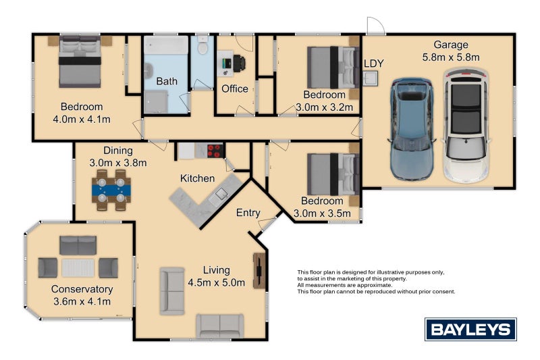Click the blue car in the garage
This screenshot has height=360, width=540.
pyautogui.click(x=412, y=129)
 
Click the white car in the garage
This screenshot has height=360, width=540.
pyautogui.click(x=466, y=126)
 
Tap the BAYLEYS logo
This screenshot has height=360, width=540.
pyautogui.click(x=470, y=330)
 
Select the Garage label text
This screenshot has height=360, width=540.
pyautogui.click(x=451, y=45)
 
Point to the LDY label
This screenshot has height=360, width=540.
pyautogui.click(x=374, y=63)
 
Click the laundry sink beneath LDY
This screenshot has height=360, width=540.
pyautogui.click(x=370, y=78)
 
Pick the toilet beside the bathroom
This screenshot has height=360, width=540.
pyautogui.click(x=203, y=45)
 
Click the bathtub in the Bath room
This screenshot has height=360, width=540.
pyautogui.click(x=166, y=45)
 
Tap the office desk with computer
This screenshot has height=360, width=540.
pyautogui.click(x=231, y=63)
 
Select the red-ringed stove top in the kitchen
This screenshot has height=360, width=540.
pyautogui.click(x=215, y=151)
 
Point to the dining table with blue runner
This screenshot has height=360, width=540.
pyautogui.click(x=111, y=190)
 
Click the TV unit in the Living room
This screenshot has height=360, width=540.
pyautogui.click(x=259, y=271)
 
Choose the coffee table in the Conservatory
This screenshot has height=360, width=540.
pyautogui.click(x=78, y=267)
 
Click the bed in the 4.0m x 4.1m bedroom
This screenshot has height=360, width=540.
pyautogui.click(x=80, y=61)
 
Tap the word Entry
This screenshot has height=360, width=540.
pyautogui.click(x=248, y=213)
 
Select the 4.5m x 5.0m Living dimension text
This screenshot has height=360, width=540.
pyautogui.click(x=216, y=283)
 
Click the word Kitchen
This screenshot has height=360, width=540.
pyautogui.click(x=197, y=178)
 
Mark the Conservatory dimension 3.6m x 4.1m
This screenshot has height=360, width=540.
pyautogui.click(x=82, y=302)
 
